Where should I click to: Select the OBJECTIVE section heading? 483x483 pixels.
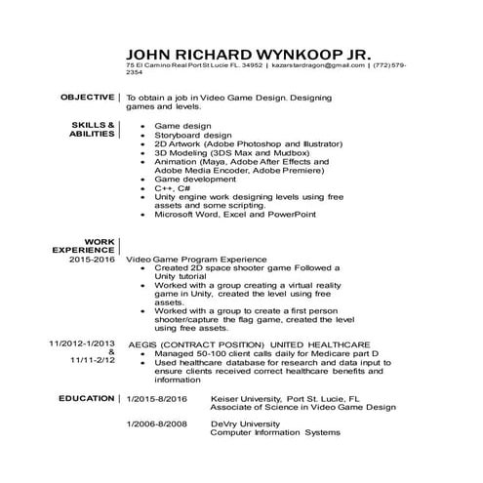[x=87, y=98]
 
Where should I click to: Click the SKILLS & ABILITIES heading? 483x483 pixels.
[x=93, y=131]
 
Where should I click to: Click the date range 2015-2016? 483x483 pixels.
[x=92, y=260]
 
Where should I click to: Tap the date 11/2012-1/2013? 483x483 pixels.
[x=83, y=344]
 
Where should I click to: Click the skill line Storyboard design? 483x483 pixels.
[x=193, y=135]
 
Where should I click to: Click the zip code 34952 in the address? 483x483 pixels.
[x=252, y=65]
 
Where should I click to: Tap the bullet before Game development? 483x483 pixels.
[x=143, y=180]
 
